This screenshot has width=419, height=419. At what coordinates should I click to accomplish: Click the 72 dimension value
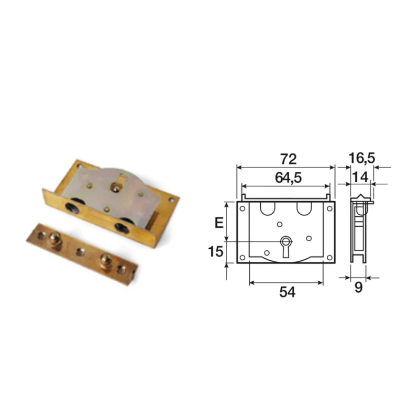[289, 159]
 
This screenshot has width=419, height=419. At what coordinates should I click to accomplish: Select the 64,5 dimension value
[289, 178]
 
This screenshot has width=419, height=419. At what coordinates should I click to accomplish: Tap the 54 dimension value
[287, 292]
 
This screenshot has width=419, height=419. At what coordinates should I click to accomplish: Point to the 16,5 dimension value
[362, 158]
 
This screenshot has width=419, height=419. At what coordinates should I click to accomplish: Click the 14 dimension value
[360, 177]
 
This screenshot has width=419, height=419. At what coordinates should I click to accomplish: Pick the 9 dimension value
[358, 287]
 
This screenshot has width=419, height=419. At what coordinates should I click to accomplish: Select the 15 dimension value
[215, 251]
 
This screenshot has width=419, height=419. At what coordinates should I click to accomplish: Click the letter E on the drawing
[219, 223]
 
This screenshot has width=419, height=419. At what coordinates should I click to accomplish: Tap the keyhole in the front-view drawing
[285, 246]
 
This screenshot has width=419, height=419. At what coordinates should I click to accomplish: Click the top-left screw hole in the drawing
[242, 208]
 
